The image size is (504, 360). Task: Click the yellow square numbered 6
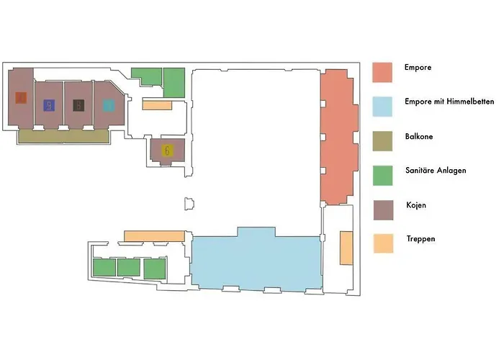[x=167, y=150]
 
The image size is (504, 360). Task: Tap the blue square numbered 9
[x=49, y=105]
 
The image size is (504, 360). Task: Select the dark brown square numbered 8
[x=78, y=105]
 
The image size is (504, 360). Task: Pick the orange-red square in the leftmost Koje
[x=22, y=96]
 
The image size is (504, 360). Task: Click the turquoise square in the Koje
[x=109, y=106]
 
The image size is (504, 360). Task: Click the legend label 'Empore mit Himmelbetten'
[x=449, y=102]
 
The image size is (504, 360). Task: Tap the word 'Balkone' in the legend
[x=419, y=136]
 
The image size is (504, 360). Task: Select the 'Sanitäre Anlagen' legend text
[x=436, y=171]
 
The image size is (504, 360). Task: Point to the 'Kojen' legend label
[x=415, y=205]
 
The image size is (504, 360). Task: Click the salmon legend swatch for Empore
[x=382, y=72]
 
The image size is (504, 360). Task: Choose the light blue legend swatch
[x=382, y=106]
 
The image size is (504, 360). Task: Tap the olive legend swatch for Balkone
[x=382, y=140]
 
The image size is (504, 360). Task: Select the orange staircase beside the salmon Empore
[x=346, y=247]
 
